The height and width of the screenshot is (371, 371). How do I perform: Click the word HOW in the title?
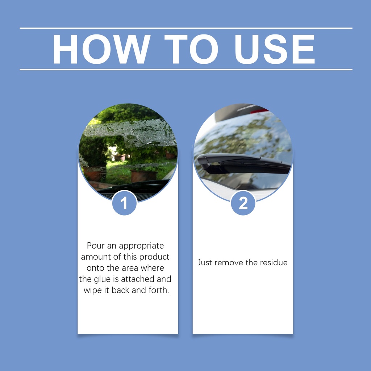click(x=101, y=49)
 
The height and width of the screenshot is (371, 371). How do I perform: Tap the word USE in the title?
click(x=275, y=49)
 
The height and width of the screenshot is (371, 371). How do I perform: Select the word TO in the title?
click(x=191, y=49)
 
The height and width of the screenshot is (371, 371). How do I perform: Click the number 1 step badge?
click(x=125, y=203)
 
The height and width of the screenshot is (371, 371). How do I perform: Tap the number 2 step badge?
click(x=243, y=203)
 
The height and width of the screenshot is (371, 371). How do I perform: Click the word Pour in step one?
click(x=96, y=246)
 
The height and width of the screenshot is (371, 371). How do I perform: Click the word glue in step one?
click(x=101, y=279)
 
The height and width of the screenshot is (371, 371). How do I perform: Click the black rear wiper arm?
click(x=244, y=163)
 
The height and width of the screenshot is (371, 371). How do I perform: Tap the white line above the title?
click(x=186, y=28)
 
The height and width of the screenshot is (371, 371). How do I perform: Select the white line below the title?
click(x=186, y=70)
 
